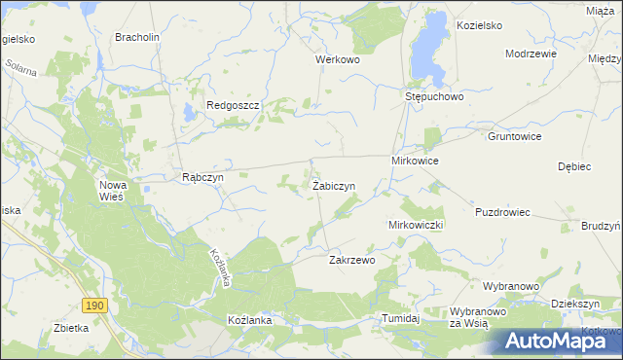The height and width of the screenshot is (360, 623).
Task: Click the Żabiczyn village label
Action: [333, 185]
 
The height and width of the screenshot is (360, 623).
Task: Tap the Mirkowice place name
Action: [416, 160]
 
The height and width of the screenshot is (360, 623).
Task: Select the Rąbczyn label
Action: [203, 178]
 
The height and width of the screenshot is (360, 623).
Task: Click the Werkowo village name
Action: [338, 59]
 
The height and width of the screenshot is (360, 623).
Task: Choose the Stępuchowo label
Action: [433, 97]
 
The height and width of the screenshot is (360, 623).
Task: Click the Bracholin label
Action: [137, 38]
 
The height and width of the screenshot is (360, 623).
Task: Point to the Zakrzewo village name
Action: [352, 261]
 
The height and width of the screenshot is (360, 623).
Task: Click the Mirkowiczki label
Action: [416, 225]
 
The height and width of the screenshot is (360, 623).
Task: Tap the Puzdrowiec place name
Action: [502, 212]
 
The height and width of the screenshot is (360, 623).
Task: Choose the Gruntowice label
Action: [514, 137]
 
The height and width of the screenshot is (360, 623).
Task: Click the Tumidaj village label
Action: [400, 319]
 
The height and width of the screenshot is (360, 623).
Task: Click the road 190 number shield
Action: [93, 306]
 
